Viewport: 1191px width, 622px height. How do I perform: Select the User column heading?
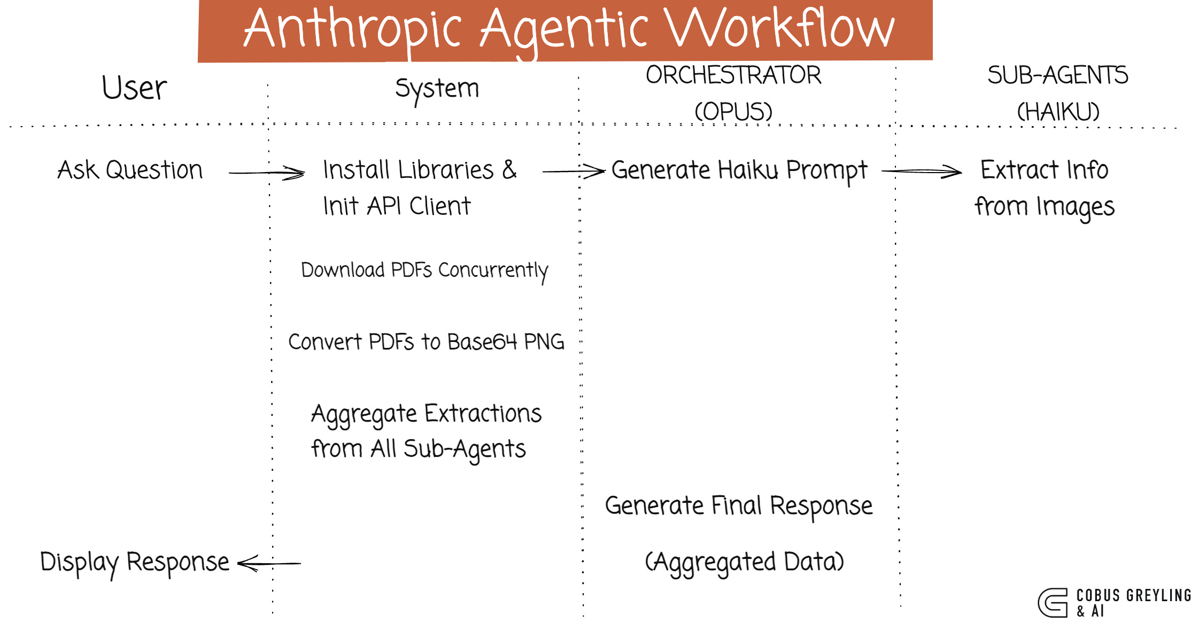[x=134, y=88]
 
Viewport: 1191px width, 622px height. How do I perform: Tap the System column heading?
[x=437, y=89]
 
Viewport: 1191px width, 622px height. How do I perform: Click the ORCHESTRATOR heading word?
[x=733, y=75]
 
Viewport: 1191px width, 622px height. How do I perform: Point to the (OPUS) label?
[x=733, y=112]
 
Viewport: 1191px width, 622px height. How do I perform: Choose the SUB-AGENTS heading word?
[x=1057, y=75]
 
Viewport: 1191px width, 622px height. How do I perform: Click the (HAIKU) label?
[x=1058, y=112]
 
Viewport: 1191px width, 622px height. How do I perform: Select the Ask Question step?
[x=130, y=170]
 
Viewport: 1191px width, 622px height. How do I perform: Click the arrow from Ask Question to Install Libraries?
[x=267, y=173]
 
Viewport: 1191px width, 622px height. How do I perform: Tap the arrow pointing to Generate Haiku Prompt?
[x=574, y=172]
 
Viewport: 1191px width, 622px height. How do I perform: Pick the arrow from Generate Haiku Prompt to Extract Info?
[x=922, y=172]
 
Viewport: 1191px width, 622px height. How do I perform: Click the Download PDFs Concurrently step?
[x=424, y=270]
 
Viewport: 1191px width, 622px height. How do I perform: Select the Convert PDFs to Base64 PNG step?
[x=426, y=342]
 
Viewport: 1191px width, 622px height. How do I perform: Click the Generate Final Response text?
[x=738, y=506]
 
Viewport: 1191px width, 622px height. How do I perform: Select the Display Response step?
[x=135, y=563]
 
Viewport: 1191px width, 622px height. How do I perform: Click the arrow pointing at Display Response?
[x=269, y=563]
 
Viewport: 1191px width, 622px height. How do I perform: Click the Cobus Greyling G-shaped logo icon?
[x=1053, y=603]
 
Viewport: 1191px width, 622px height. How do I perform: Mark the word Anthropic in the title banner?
[x=353, y=29]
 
